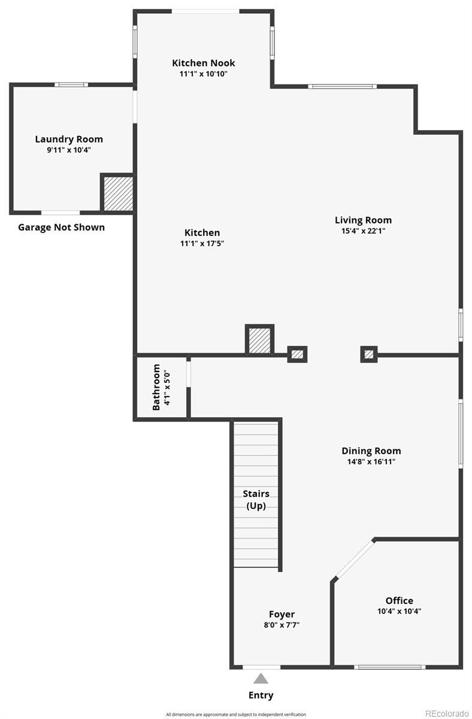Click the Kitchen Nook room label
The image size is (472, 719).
(204, 63)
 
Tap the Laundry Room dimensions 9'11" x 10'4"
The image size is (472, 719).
(69, 150)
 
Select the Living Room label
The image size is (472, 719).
(363, 220)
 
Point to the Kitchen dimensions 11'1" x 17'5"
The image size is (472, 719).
(202, 243)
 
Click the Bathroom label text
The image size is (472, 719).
(156, 387)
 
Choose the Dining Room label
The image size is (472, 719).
(371, 451)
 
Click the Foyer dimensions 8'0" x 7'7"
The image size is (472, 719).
(281, 625)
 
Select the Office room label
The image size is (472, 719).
(399, 600)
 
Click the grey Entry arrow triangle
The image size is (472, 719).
(261, 678)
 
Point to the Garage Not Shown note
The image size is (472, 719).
(61, 227)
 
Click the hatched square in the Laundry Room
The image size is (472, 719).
(117, 193)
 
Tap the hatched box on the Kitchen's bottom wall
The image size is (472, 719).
(259, 340)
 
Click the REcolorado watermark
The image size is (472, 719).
(446, 713)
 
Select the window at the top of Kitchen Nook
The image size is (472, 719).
(205, 11)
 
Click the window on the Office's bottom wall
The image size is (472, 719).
(390, 667)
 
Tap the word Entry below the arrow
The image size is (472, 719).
(261, 695)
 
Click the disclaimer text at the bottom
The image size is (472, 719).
(236, 714)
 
